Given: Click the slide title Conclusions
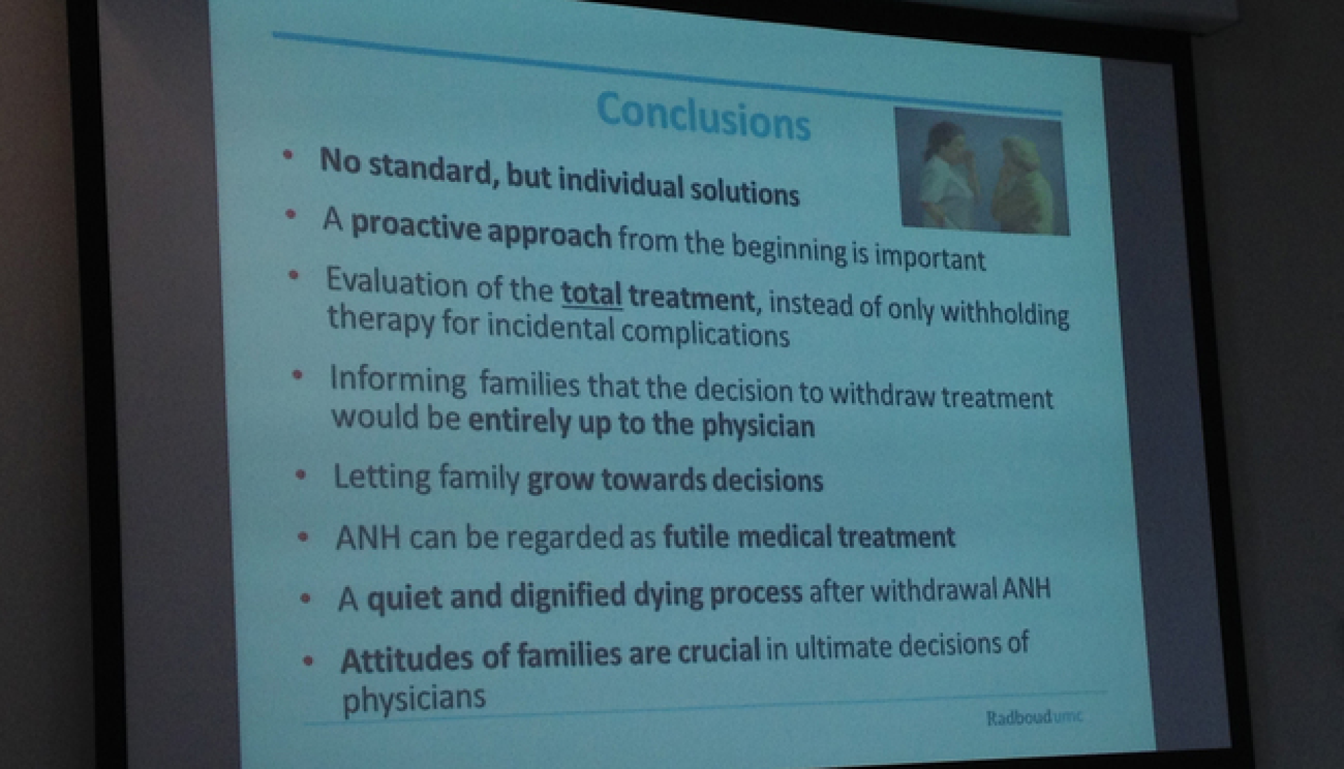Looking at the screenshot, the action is click(703, 116).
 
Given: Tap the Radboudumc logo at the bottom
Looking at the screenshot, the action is click(1034, 718).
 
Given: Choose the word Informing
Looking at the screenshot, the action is click(398, 380).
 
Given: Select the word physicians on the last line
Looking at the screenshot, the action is click(413, 698).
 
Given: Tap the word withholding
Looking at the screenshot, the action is click(1004, 313).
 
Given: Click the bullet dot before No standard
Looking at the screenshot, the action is click(288, 155).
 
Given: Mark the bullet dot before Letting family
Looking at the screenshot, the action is click(301, 475).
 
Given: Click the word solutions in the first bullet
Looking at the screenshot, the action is click(745, 191).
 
